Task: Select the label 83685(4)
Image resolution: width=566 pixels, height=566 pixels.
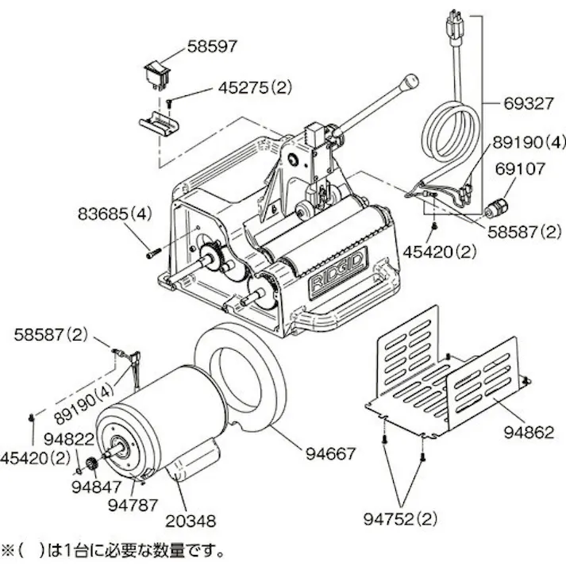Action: [x=114, y=214]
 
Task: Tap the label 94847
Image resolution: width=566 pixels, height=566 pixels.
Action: [x=93, y=487]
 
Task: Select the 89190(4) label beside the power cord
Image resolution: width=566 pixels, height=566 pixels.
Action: [x=527, y=143]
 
